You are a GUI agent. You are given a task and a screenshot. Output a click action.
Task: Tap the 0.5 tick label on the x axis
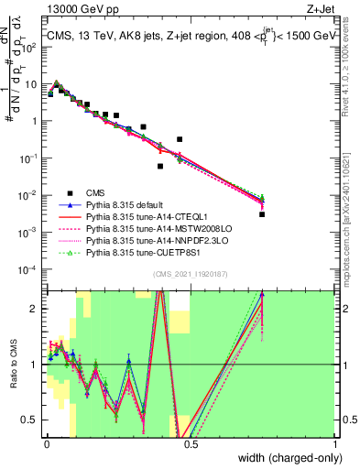(x=191, y=447)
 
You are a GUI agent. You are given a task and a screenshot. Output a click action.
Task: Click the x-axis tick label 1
(x=335, y=447)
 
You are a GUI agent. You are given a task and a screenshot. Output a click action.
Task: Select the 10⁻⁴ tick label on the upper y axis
(x=31, y=269)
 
